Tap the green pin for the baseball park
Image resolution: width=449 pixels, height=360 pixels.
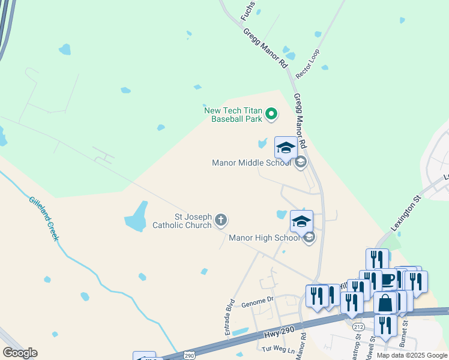tap(271, 113)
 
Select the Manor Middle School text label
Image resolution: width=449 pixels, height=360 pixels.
tap(252, 163)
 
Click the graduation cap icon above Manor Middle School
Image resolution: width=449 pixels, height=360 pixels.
tap(286, 148)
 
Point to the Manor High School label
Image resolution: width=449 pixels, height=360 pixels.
tap(264, 238)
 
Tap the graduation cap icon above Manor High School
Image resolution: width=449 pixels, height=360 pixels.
tap(301, 221)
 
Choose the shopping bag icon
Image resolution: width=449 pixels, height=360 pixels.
tap(385, 303)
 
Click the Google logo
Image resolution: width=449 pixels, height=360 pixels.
tap(20, 353)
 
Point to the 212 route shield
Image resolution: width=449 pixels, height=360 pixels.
tap(359, 327)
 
